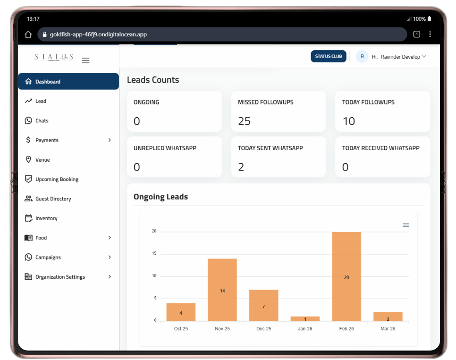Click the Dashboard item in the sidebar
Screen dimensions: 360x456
click(x=48, y=82)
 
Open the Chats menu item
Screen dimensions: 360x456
click(x=42, y=121)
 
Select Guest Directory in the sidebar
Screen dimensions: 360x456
click(x=53, y=199)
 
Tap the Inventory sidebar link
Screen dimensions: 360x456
click(x=46, y=218)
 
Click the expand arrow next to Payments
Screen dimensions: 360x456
click(x=110, y=140)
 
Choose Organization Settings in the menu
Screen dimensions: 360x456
click(x=60, y=277)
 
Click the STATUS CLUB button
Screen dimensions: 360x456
click(x=329, y=57)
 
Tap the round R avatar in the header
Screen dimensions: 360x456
click(x=362, y=57)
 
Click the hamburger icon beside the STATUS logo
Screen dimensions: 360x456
click(x=85, y=60)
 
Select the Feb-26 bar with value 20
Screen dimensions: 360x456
click(x=346, y=276)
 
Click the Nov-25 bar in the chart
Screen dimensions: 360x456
click(x=222, y=290)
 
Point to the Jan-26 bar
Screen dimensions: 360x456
click(x=305, y=319)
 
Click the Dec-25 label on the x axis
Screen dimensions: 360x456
click(x=263, y=329)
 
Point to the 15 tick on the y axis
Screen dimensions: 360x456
click(x=154, y=254)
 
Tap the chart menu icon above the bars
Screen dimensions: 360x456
click(x=406, y=225)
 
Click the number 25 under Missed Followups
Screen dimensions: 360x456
click(x=244, y=121)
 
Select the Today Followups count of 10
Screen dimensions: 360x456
click(x=348, y=121)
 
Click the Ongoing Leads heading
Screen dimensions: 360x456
click(x=160, y=197)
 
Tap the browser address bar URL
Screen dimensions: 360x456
click(x=98, y=34)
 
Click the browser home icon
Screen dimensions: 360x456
click(x=28, y=34)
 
